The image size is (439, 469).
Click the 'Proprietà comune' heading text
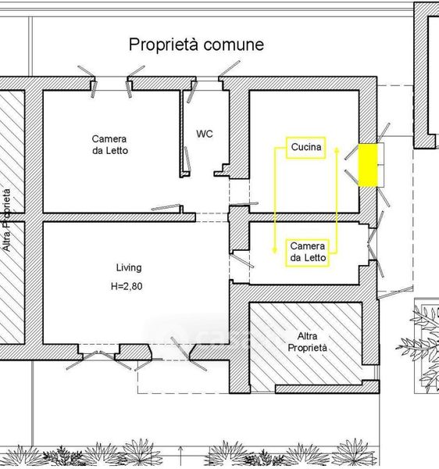point(196,45)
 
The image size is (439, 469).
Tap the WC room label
point(205,134)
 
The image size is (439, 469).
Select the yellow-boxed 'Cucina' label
point(305,148)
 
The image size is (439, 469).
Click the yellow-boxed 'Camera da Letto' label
point(307,252)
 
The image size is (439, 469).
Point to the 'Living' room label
point(129,267)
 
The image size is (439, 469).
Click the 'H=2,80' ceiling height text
point(127,286)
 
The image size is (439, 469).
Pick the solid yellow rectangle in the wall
point(368,166)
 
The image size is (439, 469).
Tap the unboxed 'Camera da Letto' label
point(109,145)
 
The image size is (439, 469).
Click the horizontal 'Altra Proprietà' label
point(307,342)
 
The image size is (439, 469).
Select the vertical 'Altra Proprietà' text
point(6,220)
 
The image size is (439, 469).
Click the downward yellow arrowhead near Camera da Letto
point(274,250)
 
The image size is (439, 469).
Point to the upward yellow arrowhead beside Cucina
point(337,150)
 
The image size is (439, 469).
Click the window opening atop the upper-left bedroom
point(112,84)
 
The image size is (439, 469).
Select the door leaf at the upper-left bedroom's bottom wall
point(166,207)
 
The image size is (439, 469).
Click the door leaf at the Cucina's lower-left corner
point(244,204)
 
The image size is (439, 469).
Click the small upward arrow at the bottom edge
point(180,456)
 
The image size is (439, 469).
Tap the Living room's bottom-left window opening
point(98,352)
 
